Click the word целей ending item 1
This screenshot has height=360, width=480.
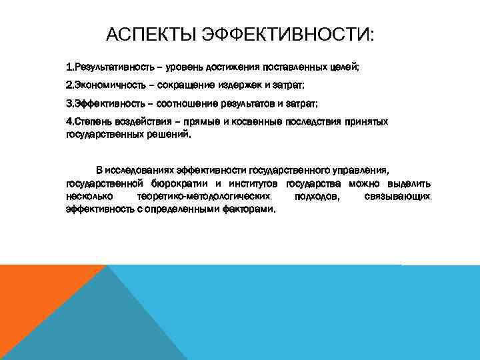point(345,67)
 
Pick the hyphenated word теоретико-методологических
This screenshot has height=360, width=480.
point(203,196)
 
